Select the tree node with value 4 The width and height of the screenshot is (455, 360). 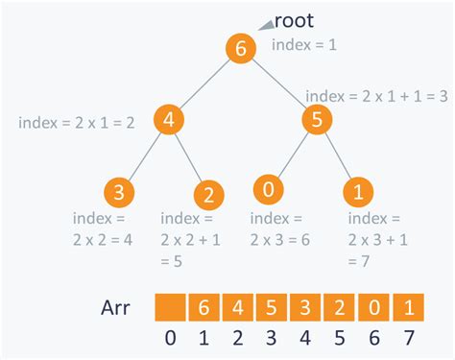(x=168, y=122)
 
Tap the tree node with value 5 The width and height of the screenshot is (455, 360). (x=317, y=122)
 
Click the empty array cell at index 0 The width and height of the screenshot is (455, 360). (x=169, y=307)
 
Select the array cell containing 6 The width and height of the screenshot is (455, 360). (x=204, y=307)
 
